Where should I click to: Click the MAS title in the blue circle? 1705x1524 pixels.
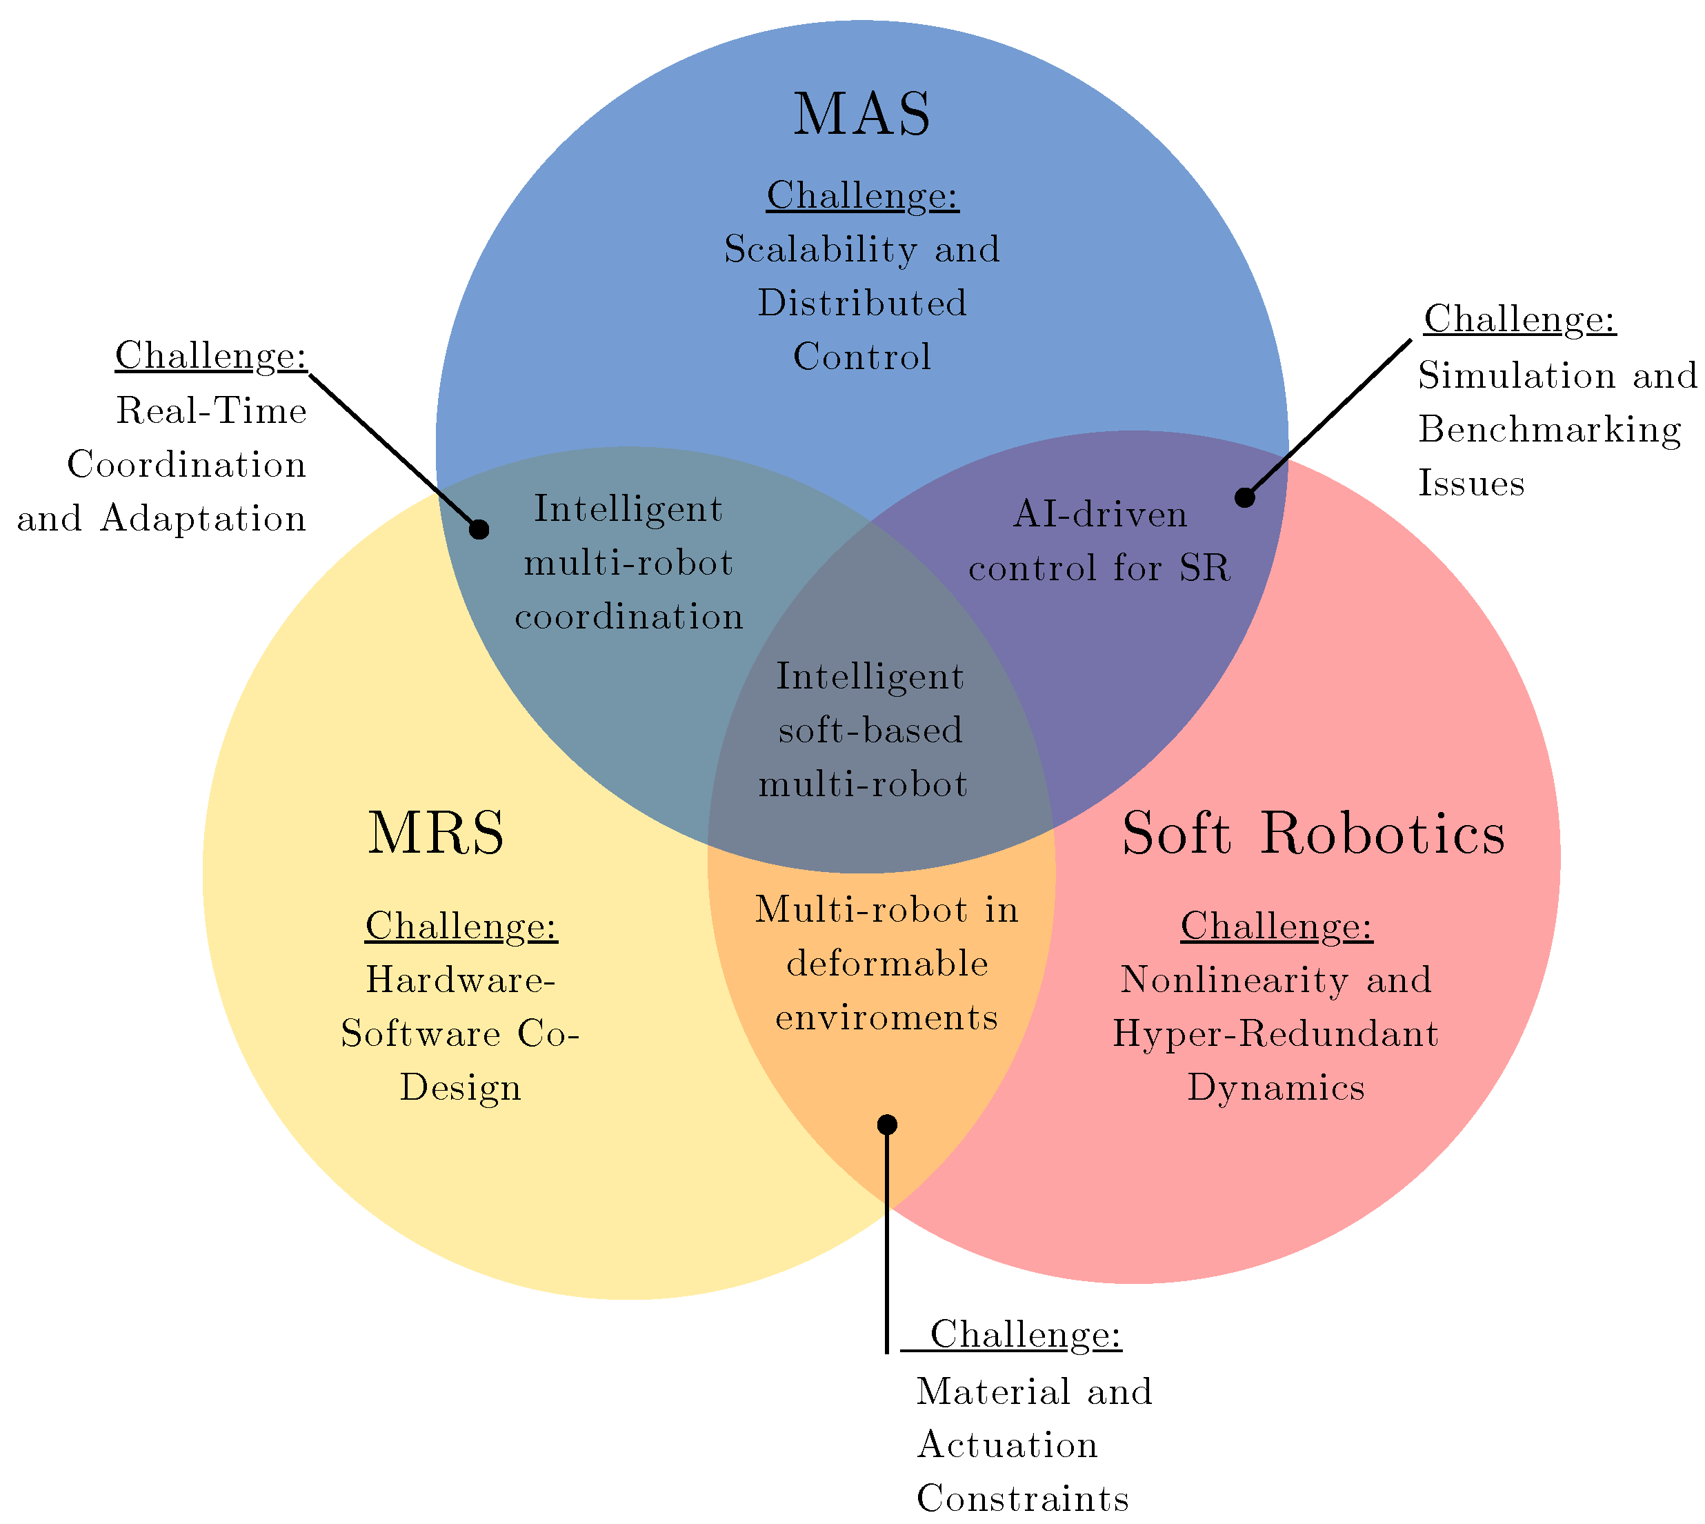[861, 115]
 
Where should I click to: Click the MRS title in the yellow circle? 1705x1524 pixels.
[436, 834]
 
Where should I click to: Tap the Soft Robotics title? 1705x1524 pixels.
[1313, 834]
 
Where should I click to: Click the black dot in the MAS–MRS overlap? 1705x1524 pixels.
[479, 529]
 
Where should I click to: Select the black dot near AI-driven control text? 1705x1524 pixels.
[1245, 497]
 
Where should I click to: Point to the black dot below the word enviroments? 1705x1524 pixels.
[887, 1124]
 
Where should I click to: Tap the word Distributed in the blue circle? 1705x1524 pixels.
[862, 303]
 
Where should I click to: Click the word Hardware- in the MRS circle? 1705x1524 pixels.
[460, 980]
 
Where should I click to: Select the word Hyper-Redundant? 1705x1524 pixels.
[1275, 1034]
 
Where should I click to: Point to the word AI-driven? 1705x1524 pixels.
[1100, 514]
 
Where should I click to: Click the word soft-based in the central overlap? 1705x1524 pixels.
[870, 730]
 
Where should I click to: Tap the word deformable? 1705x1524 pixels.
[887, 964]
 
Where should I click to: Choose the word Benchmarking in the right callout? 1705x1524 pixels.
[1548, 431]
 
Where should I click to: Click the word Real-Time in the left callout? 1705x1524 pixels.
[211, 411]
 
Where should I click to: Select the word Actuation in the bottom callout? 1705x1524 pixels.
[1007, 1445]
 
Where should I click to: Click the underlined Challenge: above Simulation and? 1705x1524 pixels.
[1519, 319]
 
